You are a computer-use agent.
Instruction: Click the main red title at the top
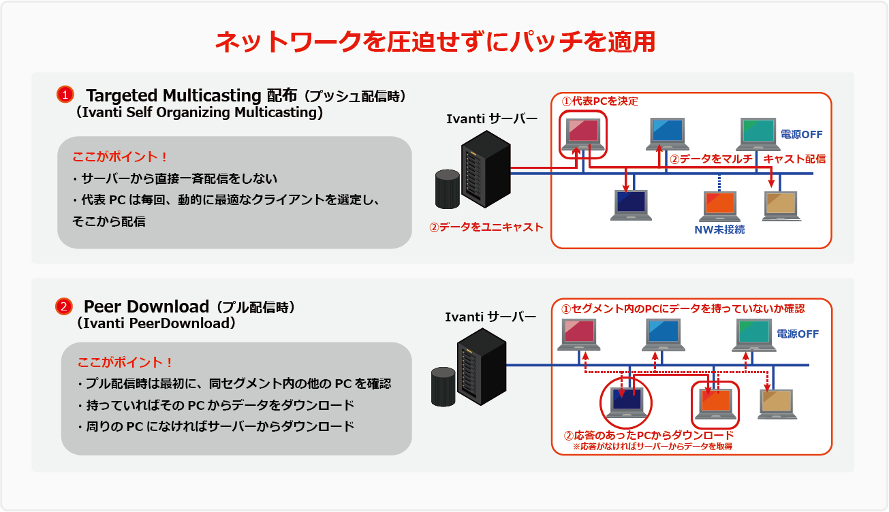[435, 42]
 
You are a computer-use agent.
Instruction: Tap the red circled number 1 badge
[65, 95]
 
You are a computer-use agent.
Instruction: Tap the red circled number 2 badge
[63, 307]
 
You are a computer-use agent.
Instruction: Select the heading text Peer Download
[146, 306]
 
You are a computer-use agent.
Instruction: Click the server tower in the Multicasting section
[486, 170]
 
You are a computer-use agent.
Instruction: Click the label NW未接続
[719, 229]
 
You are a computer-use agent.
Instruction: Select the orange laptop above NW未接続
[721, 206]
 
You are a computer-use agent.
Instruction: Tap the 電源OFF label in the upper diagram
[802, 135]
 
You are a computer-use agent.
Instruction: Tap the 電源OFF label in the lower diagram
[798, 334]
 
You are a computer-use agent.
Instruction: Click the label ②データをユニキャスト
[486, 227]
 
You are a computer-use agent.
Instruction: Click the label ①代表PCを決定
[599, 101]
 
